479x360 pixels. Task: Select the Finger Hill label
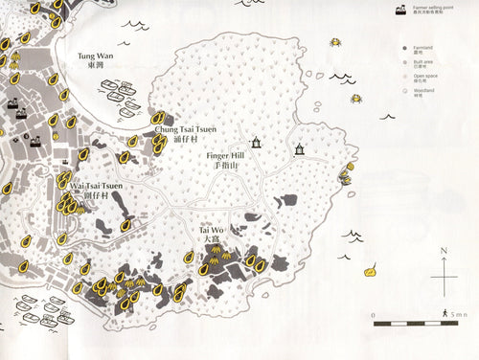(x=226, y=155)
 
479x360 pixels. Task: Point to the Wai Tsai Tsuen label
(x=97, y=187)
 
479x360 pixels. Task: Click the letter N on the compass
(x=445, y=251)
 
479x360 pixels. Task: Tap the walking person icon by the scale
(x=445, y=313)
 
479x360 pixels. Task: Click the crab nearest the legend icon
(x=336, y=42)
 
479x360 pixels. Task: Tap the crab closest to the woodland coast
(x=356, y=98)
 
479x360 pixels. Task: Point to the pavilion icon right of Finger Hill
(x=300, y=148)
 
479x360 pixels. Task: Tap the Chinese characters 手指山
(x=226, y=166)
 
